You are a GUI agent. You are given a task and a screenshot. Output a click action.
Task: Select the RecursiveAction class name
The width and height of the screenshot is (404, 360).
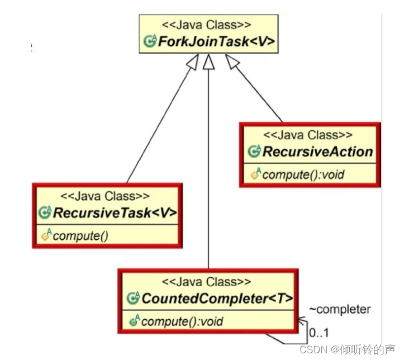tap(317, 152)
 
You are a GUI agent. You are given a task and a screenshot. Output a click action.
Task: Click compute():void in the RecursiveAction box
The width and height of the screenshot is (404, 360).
tap(303, 174)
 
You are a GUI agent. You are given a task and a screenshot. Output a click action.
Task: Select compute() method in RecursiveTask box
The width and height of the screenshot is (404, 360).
tap(80, 235)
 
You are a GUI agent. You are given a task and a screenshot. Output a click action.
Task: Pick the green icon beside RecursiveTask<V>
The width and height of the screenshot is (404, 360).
tap(45, 213)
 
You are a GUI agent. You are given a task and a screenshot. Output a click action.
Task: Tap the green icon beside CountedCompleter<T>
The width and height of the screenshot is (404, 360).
tap(134, 299)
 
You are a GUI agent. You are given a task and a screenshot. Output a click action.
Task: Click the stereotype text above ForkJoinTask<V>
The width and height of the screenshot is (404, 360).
tap(207, 25)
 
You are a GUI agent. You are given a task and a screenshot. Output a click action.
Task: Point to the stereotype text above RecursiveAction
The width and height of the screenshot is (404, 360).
tap(308, 135)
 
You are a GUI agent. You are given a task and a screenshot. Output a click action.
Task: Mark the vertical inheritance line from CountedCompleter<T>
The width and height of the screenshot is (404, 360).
tap(208, 168)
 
